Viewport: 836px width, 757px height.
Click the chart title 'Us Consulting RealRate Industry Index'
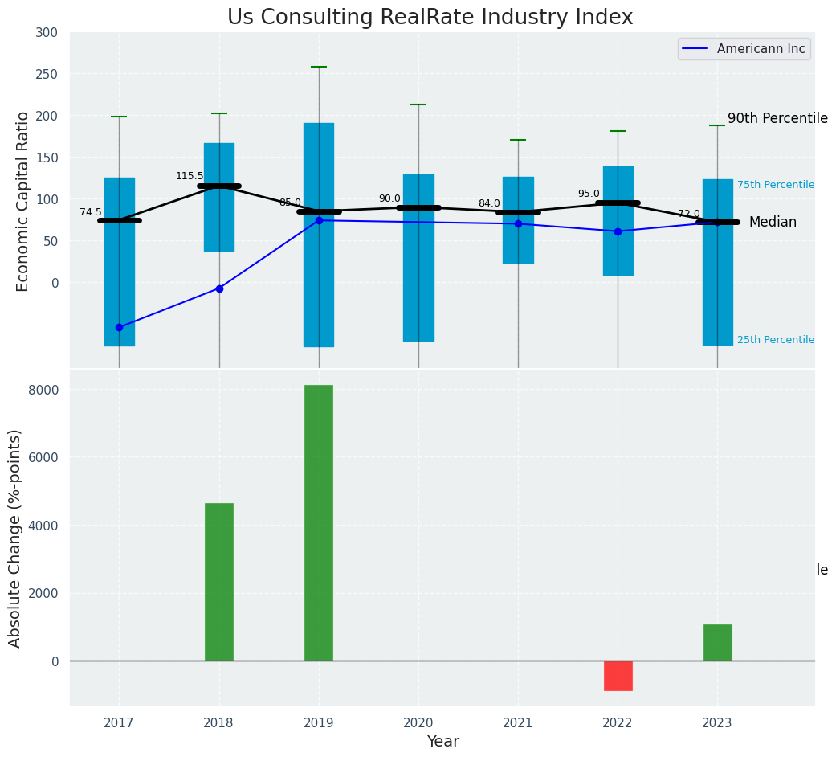[x=430, y=18]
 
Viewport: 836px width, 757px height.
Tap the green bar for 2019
[x=319, y=522]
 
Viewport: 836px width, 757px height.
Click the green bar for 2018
[x=219, y=582]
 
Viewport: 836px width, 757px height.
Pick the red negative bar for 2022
[x=618, y=676]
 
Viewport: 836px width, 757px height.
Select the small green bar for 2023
[x=717, y=643]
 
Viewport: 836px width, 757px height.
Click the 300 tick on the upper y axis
[x=47, y=33]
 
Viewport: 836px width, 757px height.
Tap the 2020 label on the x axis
[x=418, y=723]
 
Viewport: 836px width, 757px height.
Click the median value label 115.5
[x=190, y=177]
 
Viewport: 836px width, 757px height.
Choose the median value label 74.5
[x=91, y=213]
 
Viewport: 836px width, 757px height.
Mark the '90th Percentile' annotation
[x=777, y=119]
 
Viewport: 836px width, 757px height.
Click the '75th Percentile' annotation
[x=776, y=186]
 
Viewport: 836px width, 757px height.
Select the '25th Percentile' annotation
[x=776, y=341]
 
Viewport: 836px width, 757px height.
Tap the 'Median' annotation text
[x=773, y=223]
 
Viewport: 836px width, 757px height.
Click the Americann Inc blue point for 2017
[x=119, y=327]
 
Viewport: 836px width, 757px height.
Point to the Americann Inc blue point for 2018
[x=219, y=288]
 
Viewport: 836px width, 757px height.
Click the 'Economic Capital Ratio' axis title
[x=23, y=201]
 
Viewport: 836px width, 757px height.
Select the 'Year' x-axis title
[x=442, y=742]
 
